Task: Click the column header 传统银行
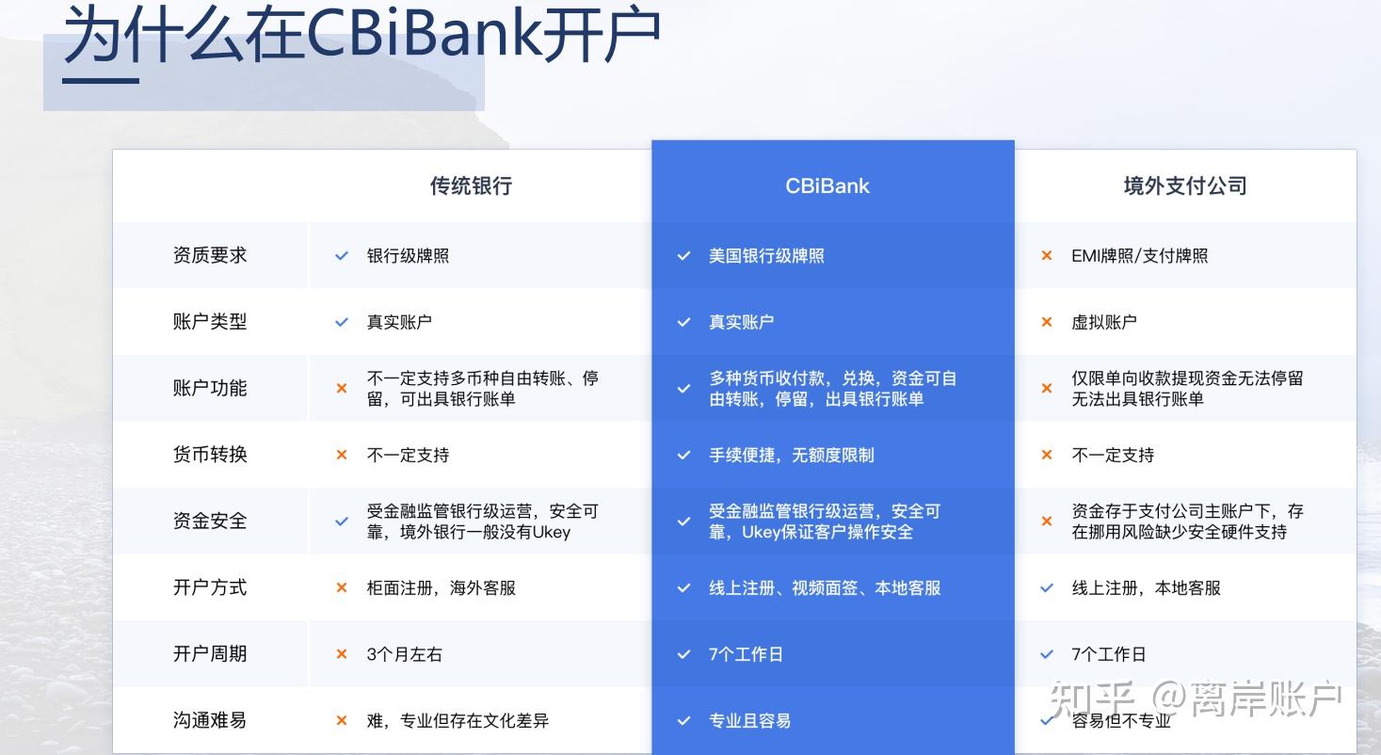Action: point(471,185)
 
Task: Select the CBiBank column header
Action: point(827,185)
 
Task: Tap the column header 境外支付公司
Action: point(1185,185)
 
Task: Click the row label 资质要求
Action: point(210,255)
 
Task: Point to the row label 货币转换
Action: point(210,455)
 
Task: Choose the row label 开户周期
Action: point(210,653)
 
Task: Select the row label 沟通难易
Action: point(210,720)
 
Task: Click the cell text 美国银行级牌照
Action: point(766,256)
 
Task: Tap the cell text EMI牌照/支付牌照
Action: point(1139,256)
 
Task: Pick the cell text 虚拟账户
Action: point(1103,322)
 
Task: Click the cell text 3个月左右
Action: point(405,654)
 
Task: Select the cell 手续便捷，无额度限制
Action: point(792,455)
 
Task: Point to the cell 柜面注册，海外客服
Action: point(441,588)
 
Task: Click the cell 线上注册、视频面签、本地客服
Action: point(825,588)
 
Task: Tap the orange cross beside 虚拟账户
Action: point(1046,322)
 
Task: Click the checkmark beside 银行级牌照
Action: point(342,256)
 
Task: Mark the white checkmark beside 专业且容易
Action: point(683,720)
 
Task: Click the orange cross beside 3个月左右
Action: point(342,654)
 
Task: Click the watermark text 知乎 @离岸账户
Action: point(1196,699)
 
